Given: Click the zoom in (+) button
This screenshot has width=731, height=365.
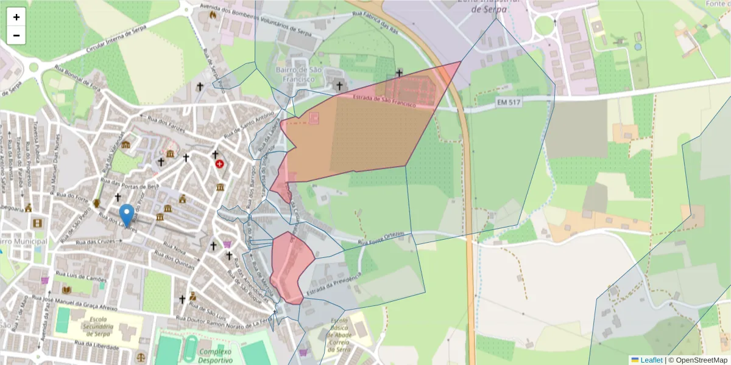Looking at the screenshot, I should tap(16, 17).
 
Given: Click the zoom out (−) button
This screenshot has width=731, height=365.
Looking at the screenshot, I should tap(16, 35).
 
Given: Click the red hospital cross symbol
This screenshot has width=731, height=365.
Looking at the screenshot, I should tap(219, 164).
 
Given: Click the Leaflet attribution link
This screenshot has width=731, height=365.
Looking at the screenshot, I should tap(651, 360).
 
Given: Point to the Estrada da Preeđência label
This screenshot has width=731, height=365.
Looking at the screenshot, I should tap(334, 286).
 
